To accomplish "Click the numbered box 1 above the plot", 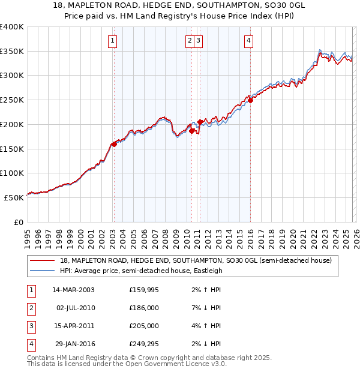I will (x=112, y=41).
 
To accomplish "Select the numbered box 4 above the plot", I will (x=248, y=41).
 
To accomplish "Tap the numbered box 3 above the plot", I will (x=198, y=41).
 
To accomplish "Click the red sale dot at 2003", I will (x=113, y=144).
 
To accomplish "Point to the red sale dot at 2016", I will (x=250, y=100).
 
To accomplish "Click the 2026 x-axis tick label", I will (x=356, y=237).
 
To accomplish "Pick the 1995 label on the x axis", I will (x=27, y=237).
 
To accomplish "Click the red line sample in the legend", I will (x=42, y=261).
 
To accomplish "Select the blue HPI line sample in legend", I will (x=42, y=271).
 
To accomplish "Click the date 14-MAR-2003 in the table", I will (x=73, y=290).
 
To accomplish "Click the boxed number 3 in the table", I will (x=31, y=326).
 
